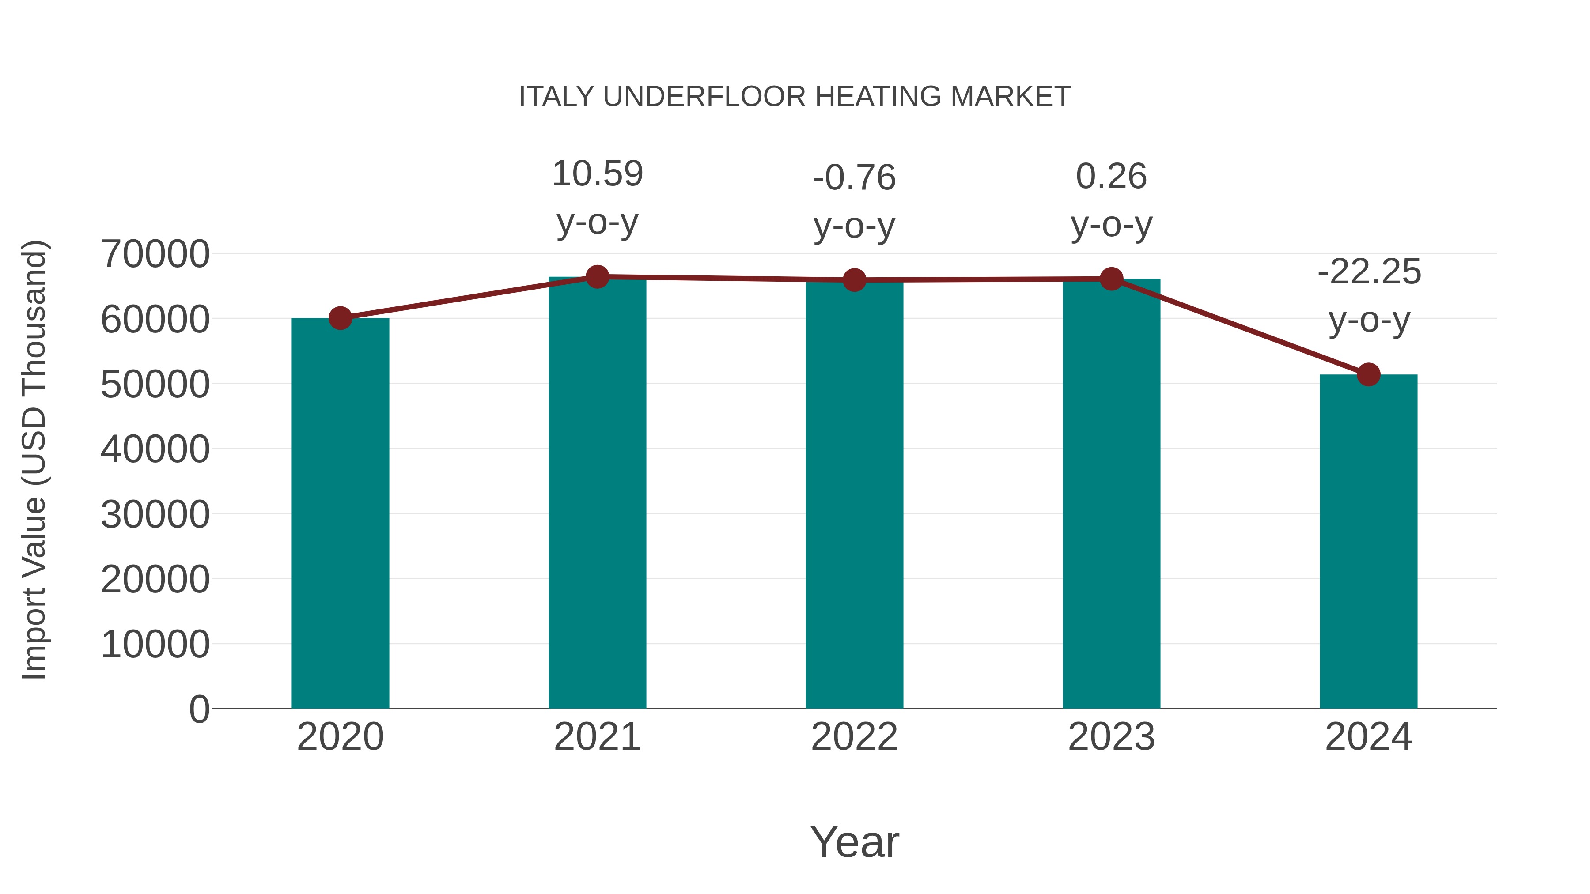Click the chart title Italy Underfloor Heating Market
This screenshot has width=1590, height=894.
coord(795,97)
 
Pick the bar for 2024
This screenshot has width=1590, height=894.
coord(1368,543)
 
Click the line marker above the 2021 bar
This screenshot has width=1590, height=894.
coord(597,277)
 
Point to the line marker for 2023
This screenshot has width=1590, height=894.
coord(1111,279)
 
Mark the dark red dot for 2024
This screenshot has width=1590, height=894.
coord(1368,374)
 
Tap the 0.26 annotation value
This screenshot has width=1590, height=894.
coord(1111,177)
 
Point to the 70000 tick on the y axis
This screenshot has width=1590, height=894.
coord(155,254)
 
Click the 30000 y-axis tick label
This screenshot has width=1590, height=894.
coord(155,515)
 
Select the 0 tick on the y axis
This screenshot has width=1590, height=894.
coord(199,709)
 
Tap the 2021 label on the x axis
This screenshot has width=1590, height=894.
coord(597,737)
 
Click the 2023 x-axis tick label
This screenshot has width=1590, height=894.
coord(1111,737)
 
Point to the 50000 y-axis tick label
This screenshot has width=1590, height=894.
coord(155,385)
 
